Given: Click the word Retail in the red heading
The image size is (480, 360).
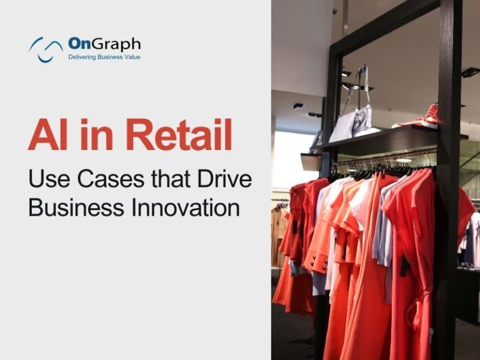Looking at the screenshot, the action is (179, 135).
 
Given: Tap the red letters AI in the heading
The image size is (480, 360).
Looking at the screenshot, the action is (47, 135).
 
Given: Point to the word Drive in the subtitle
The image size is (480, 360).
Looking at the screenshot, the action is (224, 179).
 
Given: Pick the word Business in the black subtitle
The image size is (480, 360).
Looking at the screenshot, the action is (76, 207).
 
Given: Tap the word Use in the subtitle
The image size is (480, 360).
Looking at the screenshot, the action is (49, 179).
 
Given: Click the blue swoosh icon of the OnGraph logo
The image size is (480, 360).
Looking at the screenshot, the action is (46, 49).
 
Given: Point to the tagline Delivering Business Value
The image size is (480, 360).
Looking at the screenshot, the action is (104, 57).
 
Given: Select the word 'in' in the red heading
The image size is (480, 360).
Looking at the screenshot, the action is (97, 135).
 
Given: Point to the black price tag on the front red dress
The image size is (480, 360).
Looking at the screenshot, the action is (405, 266).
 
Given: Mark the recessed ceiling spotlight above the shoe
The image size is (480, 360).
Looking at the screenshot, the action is (470, 72).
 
